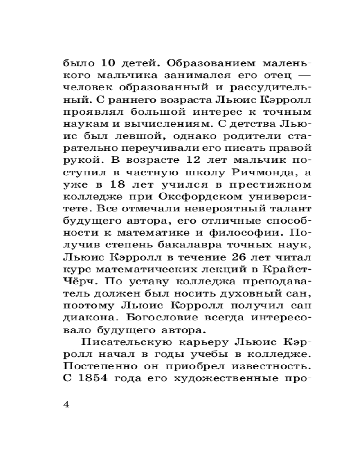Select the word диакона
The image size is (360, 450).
(x=85, y=317)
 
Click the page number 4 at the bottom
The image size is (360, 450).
(x=67, y=404)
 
